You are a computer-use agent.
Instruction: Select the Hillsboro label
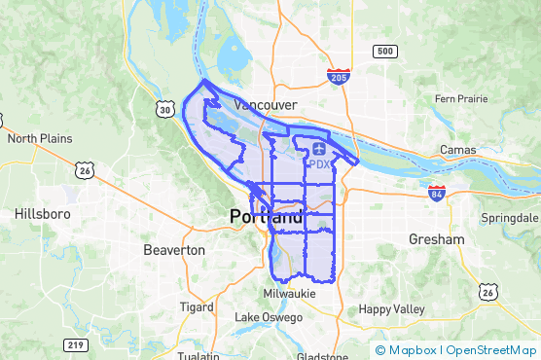coord(40,213)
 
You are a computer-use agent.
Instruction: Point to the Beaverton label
coord(174,250)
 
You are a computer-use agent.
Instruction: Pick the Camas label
coord(457,150)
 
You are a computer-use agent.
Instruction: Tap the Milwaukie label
coord(290,293)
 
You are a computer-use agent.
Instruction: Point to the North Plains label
coord(42,139)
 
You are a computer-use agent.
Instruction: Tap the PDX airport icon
coord(320,149)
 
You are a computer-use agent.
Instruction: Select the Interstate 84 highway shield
coord(436,193)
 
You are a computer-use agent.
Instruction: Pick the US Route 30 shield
coord(167,111)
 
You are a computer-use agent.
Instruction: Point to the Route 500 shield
coord(385,51)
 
